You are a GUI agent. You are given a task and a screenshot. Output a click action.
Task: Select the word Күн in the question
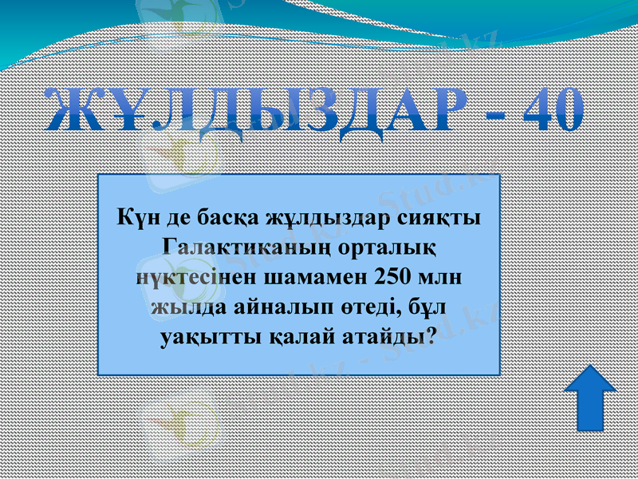(133, 216)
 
